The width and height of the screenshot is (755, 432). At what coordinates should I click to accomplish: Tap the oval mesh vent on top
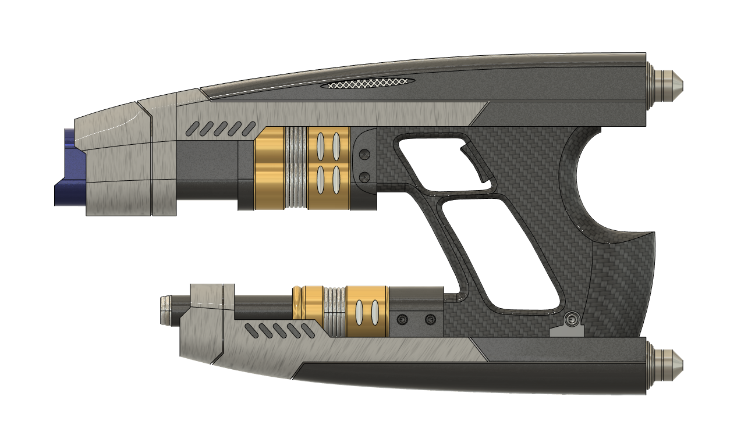368,84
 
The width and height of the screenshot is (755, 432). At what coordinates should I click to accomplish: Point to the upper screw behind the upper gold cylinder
365,155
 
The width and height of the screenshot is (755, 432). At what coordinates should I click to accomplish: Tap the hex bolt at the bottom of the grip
572,319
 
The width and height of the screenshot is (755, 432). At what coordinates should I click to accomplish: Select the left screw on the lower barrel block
402,320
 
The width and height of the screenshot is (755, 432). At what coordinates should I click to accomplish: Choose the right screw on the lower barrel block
430,320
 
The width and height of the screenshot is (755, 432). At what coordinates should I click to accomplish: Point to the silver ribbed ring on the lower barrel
335,311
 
